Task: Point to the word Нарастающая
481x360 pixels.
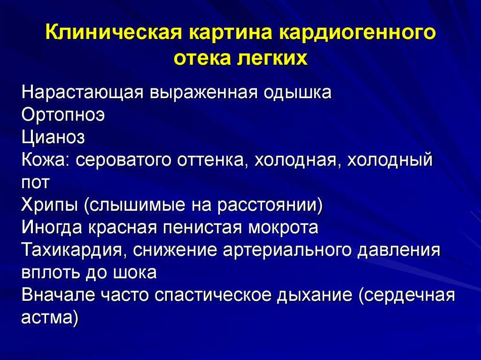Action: pyautogui.click(x=83, y=92)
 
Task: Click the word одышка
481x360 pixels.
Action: pyautogui.click(x=298, y=92)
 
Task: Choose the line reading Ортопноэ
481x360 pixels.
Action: pyautogui.click(x=63, y=115)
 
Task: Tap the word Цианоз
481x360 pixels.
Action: pyautogui.click(x=53, y=138)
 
